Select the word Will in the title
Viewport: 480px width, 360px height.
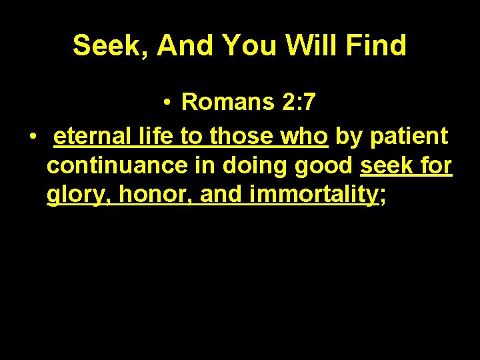[307, 45]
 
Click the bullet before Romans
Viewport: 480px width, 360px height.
[170, 103]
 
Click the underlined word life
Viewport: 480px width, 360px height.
[157, 136]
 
